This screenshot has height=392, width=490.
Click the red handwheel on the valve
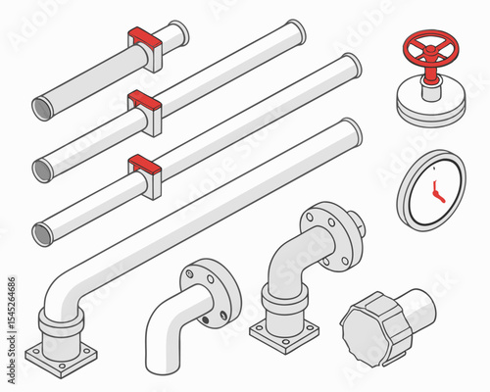coord(427,48)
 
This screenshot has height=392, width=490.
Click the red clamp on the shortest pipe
coord(144,39)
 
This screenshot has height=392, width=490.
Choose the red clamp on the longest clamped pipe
coord(143,163)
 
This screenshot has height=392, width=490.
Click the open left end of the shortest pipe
coord(43,107)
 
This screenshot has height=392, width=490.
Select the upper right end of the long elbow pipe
coord(350,131)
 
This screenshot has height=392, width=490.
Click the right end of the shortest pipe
coord(180,31)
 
